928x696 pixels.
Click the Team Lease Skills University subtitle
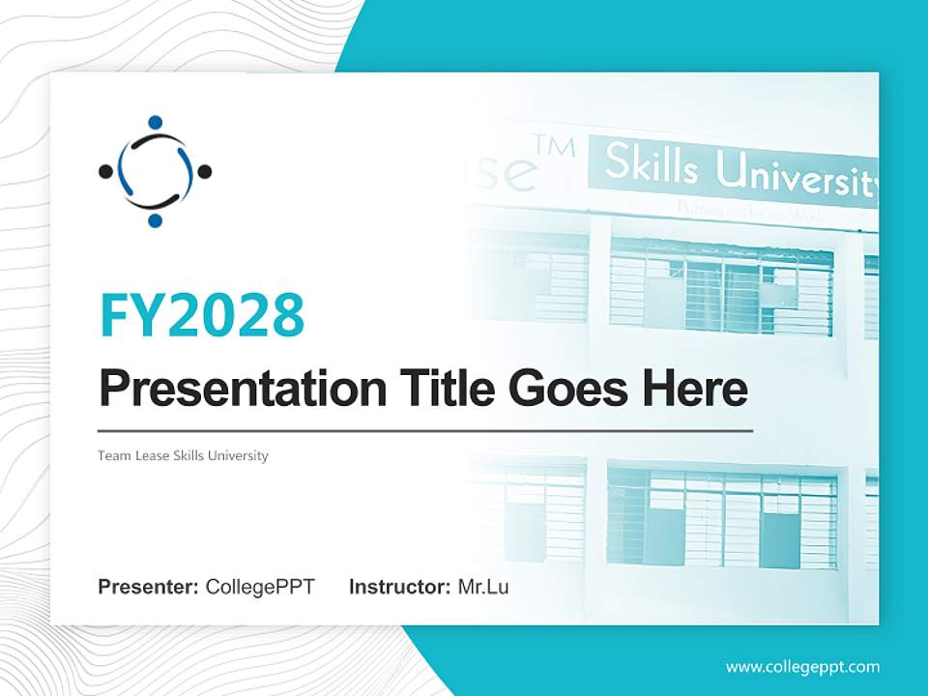183,455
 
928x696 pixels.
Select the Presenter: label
149,587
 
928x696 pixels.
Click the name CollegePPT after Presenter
260,587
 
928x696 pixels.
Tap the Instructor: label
399,587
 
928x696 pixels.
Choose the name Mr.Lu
483,587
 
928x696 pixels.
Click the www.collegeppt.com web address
802,667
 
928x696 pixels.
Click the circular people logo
155,172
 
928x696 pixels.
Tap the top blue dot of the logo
155,123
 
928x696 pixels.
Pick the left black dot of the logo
105,172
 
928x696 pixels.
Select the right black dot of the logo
204,172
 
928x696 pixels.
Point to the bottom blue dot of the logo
155,221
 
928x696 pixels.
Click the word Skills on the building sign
651,166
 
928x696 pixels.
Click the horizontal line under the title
425,430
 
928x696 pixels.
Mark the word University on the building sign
795,175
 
